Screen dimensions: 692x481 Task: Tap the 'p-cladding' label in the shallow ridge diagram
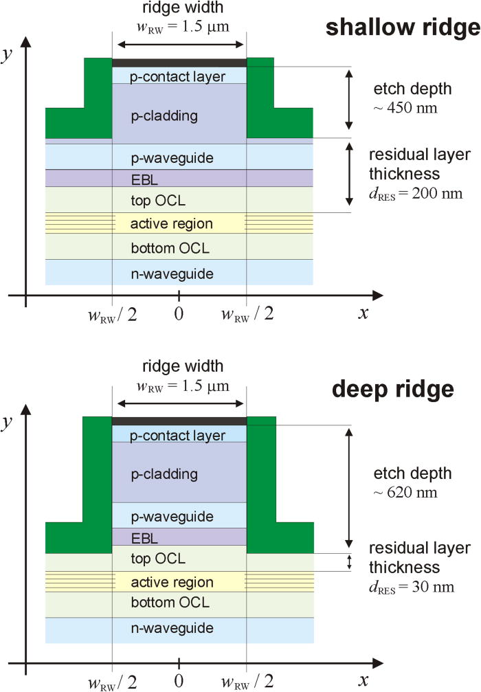click(x=164, y=115)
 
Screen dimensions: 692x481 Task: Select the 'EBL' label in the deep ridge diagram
click(x=179, y=537)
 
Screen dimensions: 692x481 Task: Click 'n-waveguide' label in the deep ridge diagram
click(x=179, y=628)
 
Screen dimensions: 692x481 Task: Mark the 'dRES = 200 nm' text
click(x=415, y=194)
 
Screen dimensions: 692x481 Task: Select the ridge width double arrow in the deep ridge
click(x=179, y=403)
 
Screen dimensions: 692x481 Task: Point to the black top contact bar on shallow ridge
click(x=179, y=63)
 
